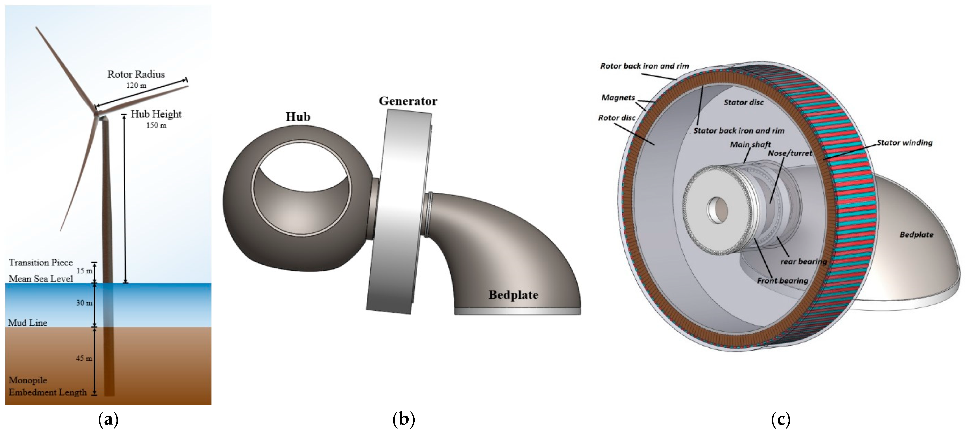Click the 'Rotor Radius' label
coord(136,74)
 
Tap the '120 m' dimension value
coord(136,86)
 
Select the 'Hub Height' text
coord(156,114)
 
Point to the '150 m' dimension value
coord(156,125)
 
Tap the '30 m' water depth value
coord(84,303)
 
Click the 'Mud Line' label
coord(28,322)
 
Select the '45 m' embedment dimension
coord(84,358)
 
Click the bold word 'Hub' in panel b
coord(298,117)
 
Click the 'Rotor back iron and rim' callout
coord(645,66)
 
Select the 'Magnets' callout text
coord(618,98)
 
